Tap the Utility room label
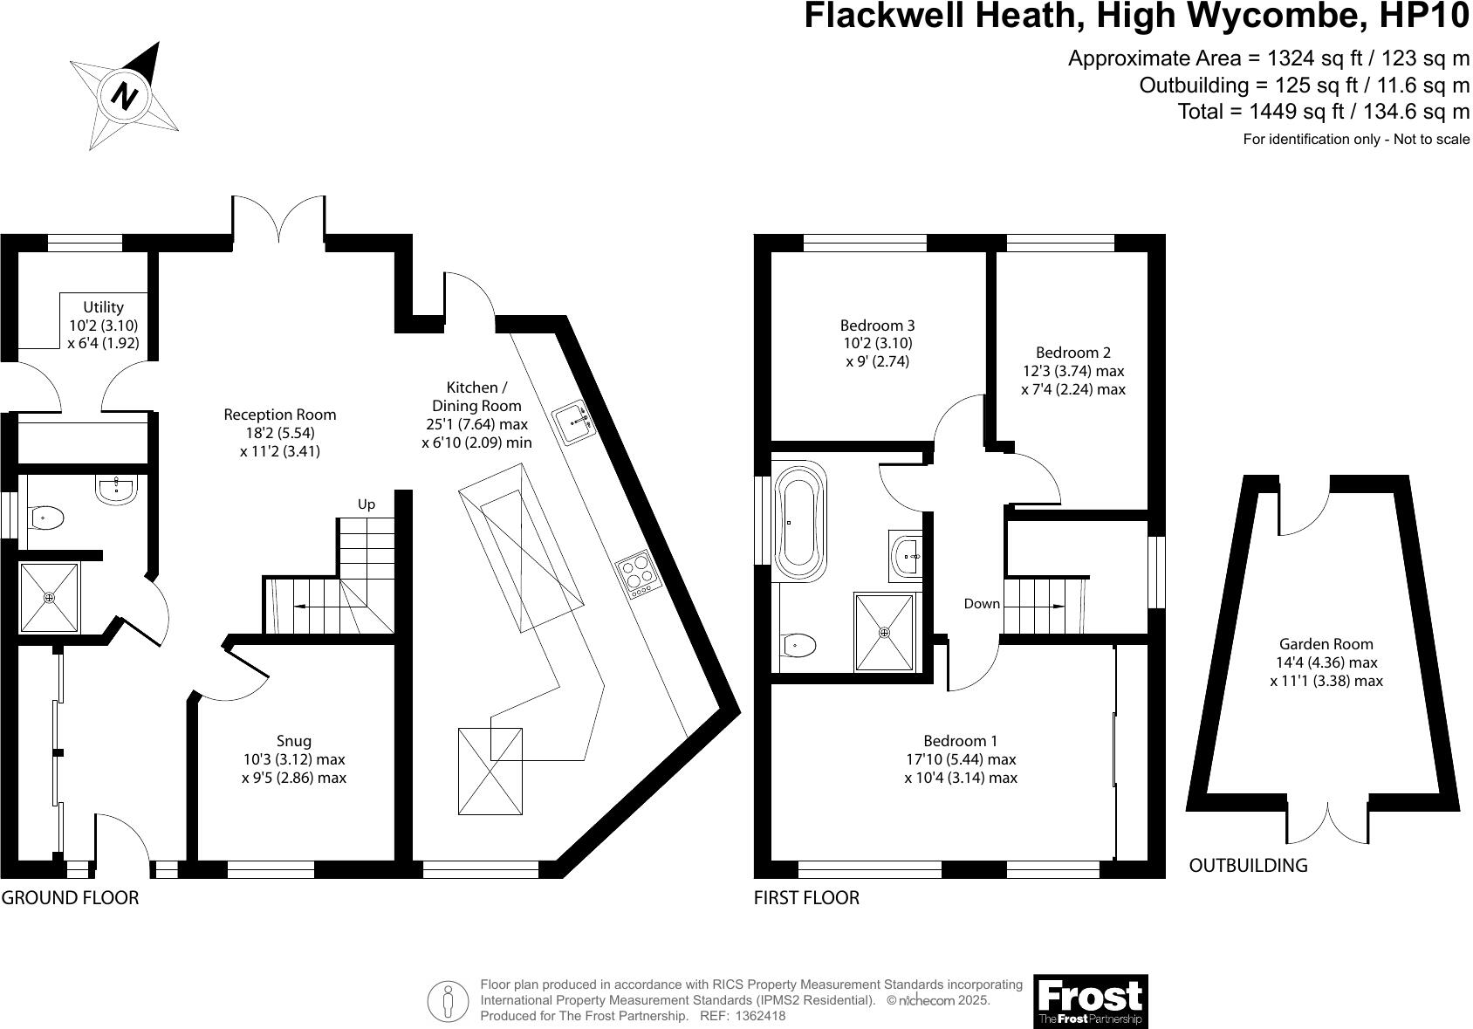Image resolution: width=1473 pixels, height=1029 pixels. click(x=103, y=325)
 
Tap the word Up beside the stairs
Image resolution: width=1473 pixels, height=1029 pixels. click(x=367, y=504)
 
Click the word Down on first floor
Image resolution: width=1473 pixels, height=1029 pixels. click(x=982, y=603)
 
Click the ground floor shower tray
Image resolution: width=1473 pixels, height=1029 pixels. click(x=49, y=598)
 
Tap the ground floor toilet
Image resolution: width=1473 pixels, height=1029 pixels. click(x=45, y=518)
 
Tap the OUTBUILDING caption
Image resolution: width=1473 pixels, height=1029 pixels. click(x=1248, y=865)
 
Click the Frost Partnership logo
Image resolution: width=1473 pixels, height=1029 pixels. click(x=1091, y=1001)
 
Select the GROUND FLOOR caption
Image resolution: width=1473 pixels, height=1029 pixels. click(x=70, y=897)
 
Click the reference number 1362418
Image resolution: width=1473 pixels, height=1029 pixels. click(x=761, y=1016)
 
